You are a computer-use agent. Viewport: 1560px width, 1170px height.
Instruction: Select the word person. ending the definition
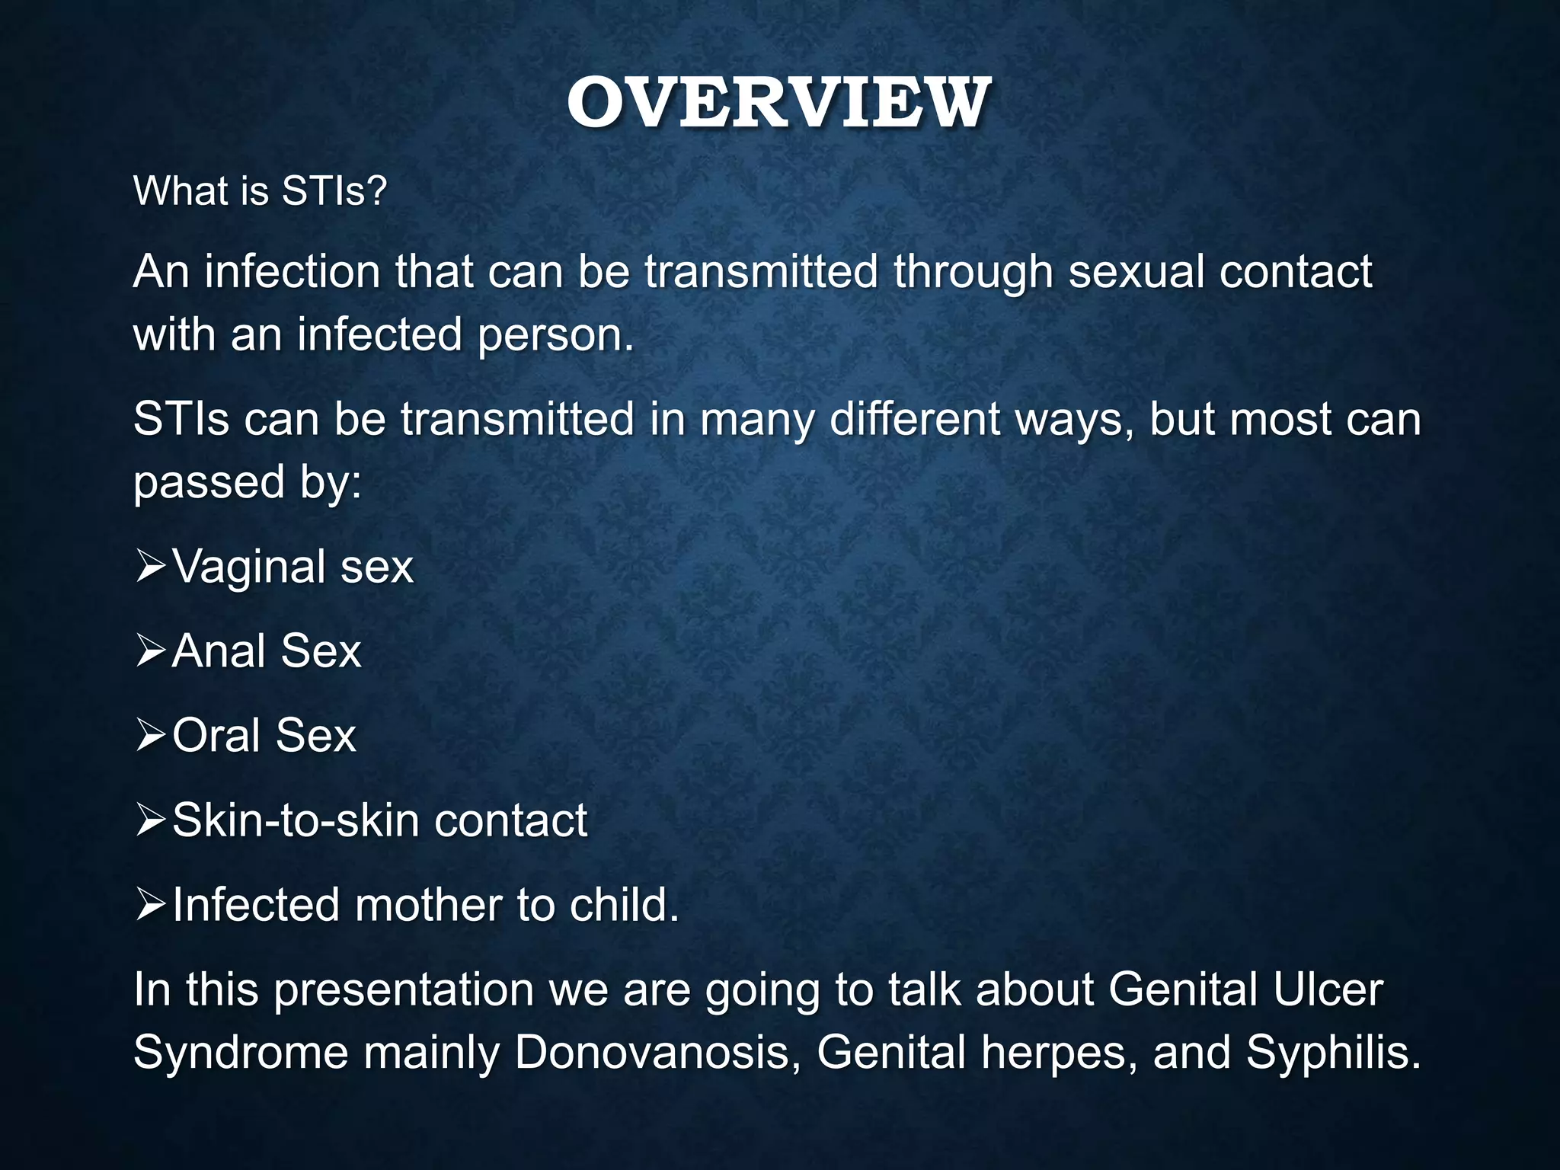pyautogui.click(x=555, y=335)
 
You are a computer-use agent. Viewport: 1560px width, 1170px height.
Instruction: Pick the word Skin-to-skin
pyautogui.click(x=296, y=821)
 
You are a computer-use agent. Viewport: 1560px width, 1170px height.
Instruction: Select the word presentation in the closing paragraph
pyautogui.click(x=404, y=990)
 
